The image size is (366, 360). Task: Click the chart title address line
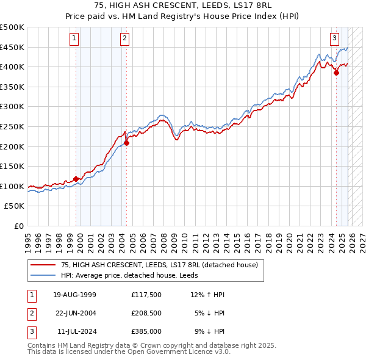(183, 5)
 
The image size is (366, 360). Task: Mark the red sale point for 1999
(76, 179)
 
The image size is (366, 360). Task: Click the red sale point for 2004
(126, 143)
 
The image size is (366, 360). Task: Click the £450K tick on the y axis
(12, 47)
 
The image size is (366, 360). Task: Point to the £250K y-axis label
(12, 126)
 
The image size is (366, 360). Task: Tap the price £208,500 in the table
(147, 314)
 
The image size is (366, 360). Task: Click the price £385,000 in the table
(147, 331)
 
